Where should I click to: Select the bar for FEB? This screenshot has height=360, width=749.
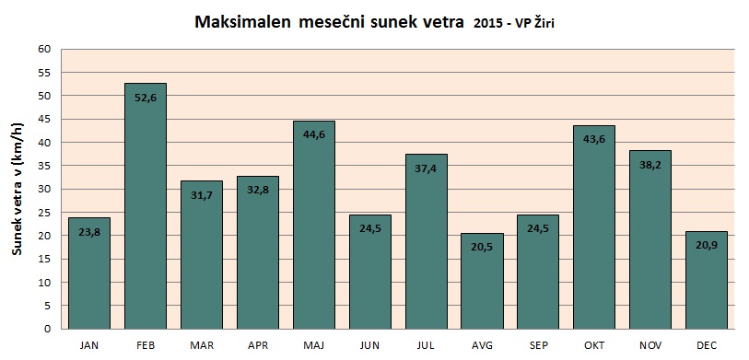tap(146, 206)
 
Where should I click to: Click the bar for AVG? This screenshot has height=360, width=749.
tap(482, 281)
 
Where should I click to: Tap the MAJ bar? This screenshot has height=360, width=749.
tap(314, 225)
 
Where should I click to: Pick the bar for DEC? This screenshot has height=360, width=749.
tap(707, 280)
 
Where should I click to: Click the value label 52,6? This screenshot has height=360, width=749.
tap(146, 99)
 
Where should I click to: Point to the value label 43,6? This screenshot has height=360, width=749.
tap(594, 139)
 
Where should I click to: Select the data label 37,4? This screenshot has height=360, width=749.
tap(426, 168)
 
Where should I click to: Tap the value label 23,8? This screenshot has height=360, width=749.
tap(89, 234)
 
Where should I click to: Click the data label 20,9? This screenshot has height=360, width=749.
tap(707, 247)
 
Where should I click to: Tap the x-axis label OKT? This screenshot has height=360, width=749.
tap(594, 344)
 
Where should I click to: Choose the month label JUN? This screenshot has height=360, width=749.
tap(369, 344)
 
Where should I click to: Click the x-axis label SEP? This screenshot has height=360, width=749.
tap(538, 344)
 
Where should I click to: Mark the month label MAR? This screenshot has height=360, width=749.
tap(202, 344)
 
